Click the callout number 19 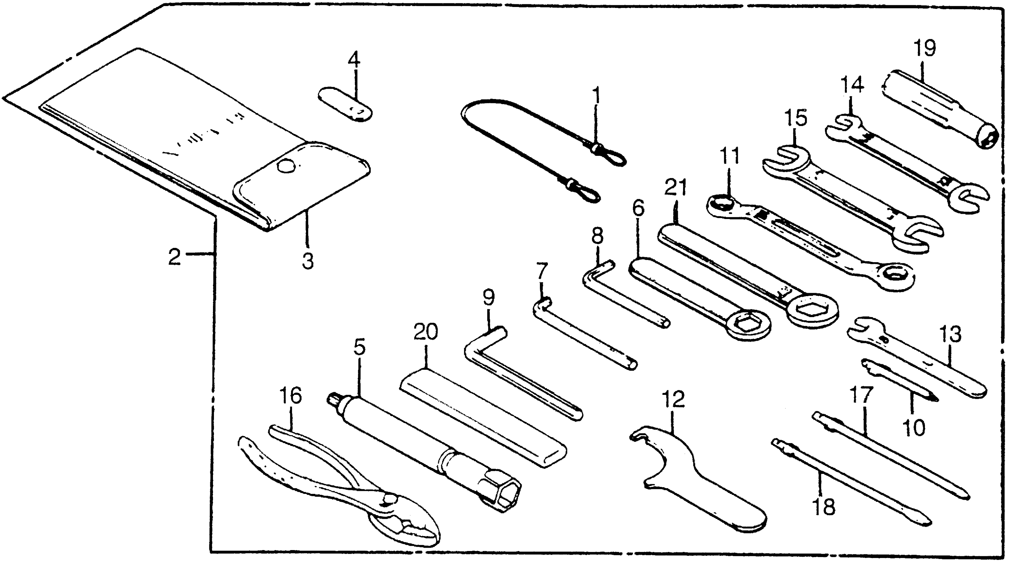(924, 49)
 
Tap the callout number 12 (673, 399)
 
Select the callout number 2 (175, 257)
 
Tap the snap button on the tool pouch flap (286, 167)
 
